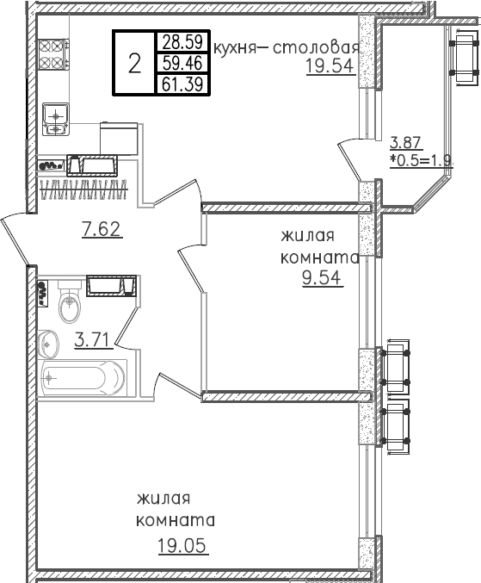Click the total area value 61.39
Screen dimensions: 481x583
click(x=182, y=84)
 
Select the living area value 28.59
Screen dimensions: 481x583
click(x=182, y=42)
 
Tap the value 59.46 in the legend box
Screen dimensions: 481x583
click(x=182, y=63)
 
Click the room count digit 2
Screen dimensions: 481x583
click(x=134, y=63)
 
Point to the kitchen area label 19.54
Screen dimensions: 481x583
click(x=329, y=65)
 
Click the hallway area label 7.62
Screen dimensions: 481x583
click(x=102, y=229)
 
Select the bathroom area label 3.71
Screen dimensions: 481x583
click(x=94, y=339)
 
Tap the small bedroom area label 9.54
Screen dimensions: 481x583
click(x=322, y=278)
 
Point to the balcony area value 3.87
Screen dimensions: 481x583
click(x=405, y=142)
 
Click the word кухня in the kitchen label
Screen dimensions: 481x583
click(x=236, y=49)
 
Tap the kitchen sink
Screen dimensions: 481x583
click(x=56, y=119)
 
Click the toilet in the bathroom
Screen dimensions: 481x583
click(x=70, y=301)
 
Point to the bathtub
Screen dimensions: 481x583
click(x=83, y=379)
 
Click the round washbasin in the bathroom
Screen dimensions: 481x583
click(x=48, y=344)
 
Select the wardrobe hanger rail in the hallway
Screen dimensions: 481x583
click(x=84, y=189)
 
